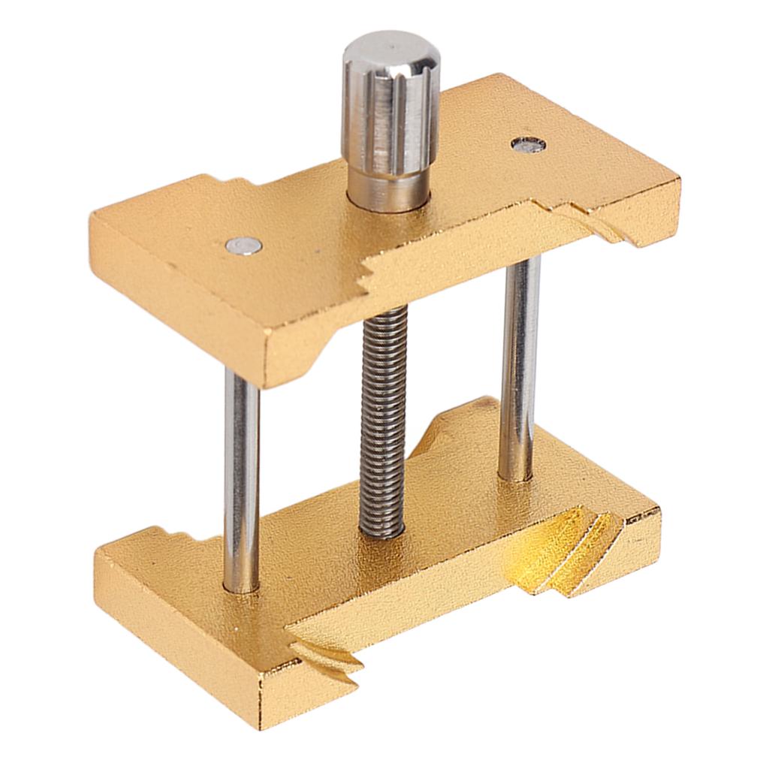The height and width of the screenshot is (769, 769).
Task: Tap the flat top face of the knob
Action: (x=391, y=50)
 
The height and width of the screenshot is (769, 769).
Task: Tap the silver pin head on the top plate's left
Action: (x=244, y=244)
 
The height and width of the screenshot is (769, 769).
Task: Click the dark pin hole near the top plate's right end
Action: (x=528, y=144)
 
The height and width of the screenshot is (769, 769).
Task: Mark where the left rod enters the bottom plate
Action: (x=242, y=586)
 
